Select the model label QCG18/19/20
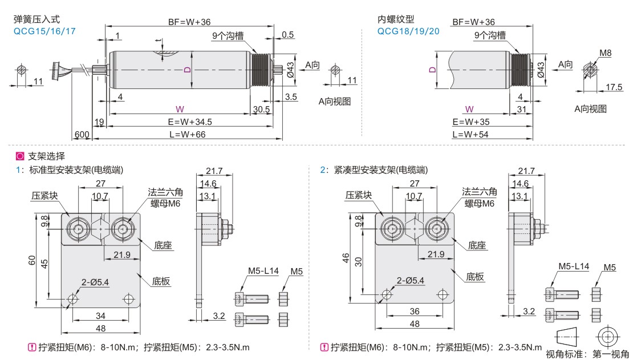(x=408, y=31)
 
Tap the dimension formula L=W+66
(x=188, y=134)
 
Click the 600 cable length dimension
(x=81, y=134)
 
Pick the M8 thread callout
(x=605, y=54)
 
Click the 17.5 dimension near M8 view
(x=613, y=87)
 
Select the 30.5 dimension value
(x=261, y=109)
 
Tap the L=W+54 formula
(x=471, y=134)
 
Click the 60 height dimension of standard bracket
(x=33, y=260)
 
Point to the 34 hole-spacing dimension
(x=100, y=315)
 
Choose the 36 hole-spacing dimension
(x=414, y=312)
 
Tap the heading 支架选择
(x=46, y=156)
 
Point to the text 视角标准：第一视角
(x=587, y=354)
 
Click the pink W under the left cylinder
(x=180, y=108)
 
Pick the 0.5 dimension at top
(x=288, y=35)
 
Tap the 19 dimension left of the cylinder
(x=99, y=122)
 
